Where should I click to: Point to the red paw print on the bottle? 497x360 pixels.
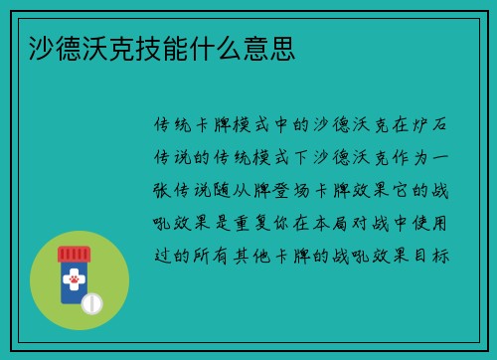point(74,282)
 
